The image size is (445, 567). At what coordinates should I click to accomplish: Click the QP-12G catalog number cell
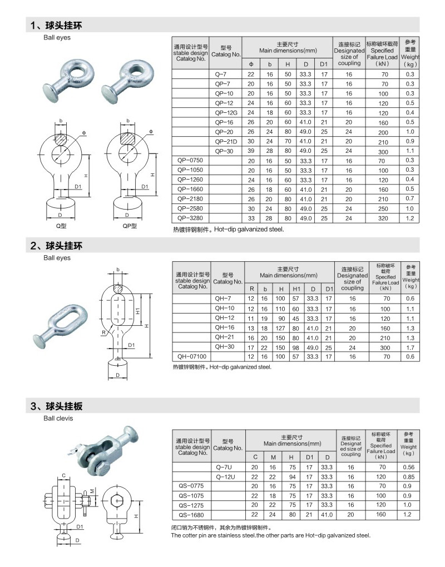(x=226, y=112)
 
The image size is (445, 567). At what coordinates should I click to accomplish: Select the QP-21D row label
(x=226, y=141)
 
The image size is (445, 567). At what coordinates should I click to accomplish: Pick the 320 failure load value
(x=382, y=218)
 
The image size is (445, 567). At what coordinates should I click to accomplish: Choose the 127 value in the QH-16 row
(x=281, y=327)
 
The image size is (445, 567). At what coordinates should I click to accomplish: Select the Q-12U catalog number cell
(x=226, y=477)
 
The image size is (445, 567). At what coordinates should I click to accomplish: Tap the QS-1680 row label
(x=190, y=515)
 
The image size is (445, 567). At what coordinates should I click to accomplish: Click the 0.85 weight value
(x=408, y=477)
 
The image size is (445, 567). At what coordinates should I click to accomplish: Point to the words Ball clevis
(x=58, y=418)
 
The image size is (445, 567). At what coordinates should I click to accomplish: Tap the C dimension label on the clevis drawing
(x=64, y=475)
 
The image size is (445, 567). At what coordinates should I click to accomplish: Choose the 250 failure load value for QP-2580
(x=382, y=208)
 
